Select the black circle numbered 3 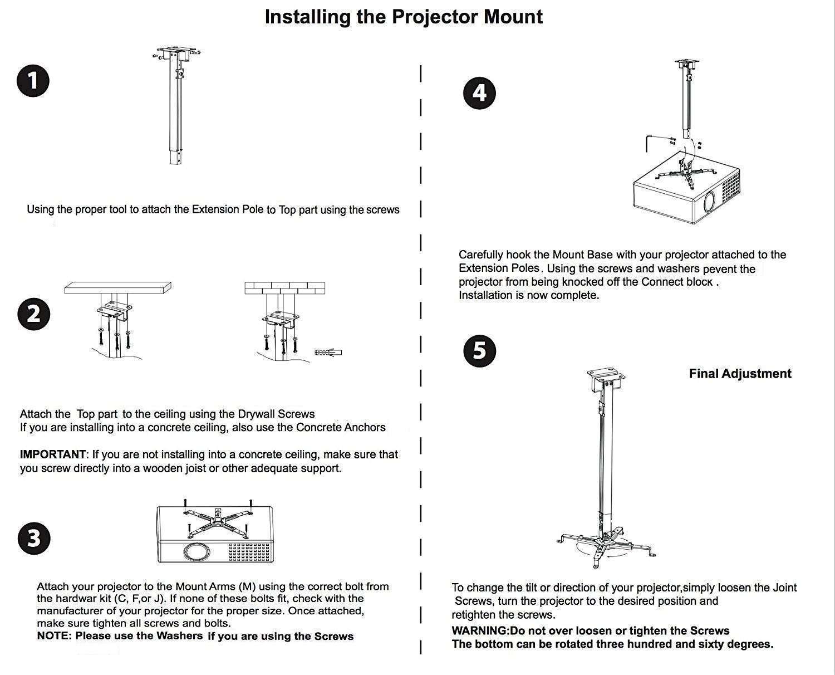[34, 539]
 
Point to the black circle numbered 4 [479, 92]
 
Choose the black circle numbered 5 [479, 351]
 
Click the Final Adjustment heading [740, 374]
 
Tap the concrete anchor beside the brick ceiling [329, 352]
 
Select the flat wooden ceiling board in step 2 [117, 288]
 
